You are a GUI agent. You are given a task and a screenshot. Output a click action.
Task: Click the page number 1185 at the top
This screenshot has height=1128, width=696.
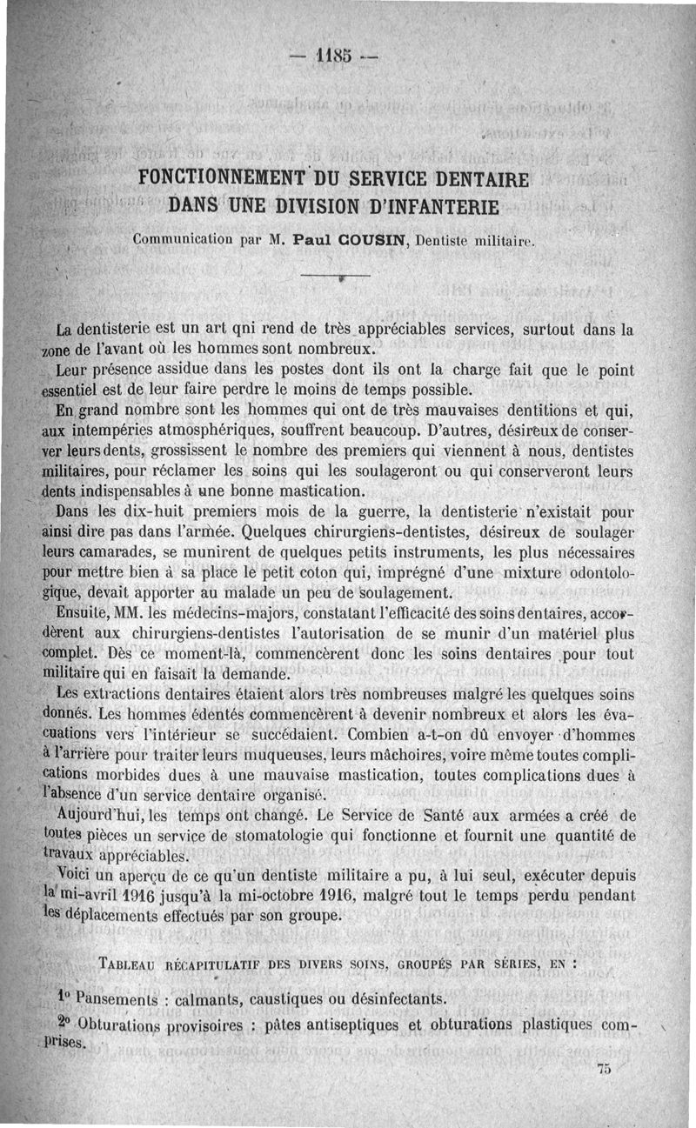(x=334, y=58)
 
